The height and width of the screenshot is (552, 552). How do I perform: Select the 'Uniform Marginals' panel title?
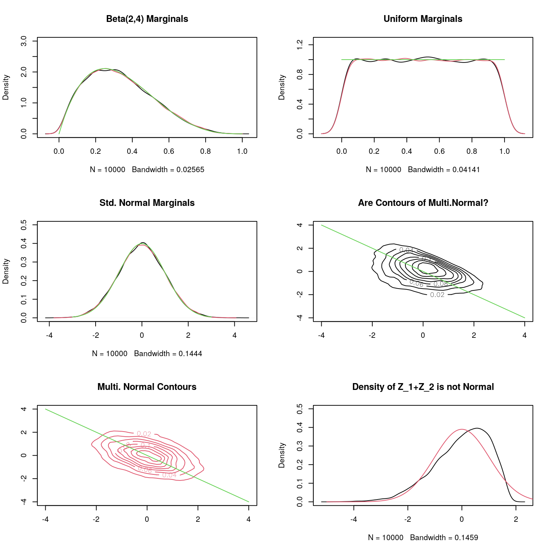click(x=423, y=19)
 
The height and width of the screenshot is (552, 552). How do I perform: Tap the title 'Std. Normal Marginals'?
click(x=147, y=203)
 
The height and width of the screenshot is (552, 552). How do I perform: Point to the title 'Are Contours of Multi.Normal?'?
click(x=423, y=203)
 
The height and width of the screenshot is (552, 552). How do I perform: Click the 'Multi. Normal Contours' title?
click(x=147, y=387)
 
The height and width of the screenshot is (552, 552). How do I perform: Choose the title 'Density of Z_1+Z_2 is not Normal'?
click(x=423, y=387)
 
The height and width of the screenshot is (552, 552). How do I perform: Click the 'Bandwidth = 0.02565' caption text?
click(x=168, y=170)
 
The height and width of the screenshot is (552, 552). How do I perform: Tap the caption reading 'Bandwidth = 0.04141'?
click(x=444, y=170)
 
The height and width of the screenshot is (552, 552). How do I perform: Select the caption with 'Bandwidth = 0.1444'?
click(x=168, y=354)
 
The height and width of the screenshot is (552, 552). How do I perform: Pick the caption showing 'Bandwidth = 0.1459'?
click(x=444, y=538)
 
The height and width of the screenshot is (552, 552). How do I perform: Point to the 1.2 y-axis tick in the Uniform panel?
click(x=300, y=45)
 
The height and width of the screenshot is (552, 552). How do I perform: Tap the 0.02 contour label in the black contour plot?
click(x=437, y=295)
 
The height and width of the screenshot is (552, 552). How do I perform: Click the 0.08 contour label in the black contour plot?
click(x=441, y=284)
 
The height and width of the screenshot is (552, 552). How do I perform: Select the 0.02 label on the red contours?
click(x=144, y=434)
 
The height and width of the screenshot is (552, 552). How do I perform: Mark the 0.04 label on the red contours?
click(x=169, y=475)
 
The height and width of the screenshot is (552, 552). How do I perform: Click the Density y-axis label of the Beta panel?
click(x=6, y=87)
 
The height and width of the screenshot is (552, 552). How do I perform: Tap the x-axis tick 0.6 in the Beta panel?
click(x=169, y=151)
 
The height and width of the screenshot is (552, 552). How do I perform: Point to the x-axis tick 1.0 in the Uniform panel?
click(x=505, y=151)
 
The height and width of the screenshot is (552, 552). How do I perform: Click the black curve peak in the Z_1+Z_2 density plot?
click(x=477, y=428)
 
